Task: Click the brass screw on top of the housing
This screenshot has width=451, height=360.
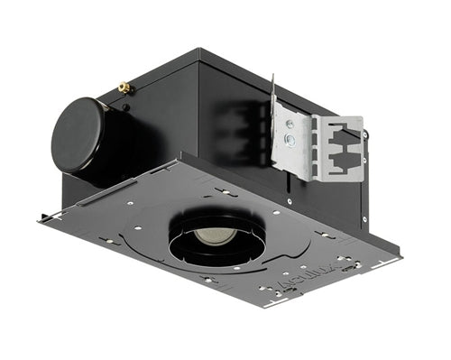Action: point(125,88)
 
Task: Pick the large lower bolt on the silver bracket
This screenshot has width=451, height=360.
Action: point(290,140)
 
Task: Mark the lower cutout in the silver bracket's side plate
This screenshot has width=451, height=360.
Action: point(340,162)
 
